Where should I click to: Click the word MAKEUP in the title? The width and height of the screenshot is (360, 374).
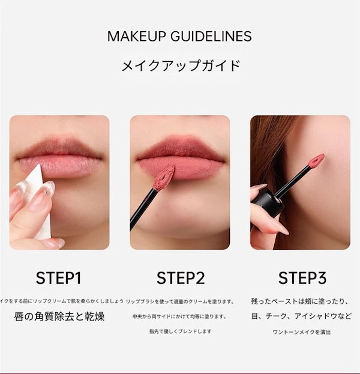click(134, 36)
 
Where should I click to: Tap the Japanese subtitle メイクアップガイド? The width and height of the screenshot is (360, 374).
click(180, 65)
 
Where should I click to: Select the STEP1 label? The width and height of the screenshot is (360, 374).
click(59, 278)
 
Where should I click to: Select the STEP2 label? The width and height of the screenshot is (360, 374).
click(181, 278)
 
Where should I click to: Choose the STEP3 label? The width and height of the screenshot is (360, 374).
click(302, 278)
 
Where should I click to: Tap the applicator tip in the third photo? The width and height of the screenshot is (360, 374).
click(316, 161)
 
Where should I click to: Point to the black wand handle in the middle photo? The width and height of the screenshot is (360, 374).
click(143, 207)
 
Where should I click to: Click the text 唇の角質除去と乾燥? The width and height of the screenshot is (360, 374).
click(59, 316)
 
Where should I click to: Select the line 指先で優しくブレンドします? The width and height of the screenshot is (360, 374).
click(180, 331)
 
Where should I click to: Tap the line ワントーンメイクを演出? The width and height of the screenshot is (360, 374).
click(301, 331)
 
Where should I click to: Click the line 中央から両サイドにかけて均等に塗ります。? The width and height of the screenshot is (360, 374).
click(180, 316)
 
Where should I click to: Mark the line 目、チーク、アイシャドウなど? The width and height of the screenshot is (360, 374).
click(302, 316)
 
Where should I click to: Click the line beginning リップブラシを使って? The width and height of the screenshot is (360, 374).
click(181, 301)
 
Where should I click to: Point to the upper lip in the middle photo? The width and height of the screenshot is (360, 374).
click(180, 149)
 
